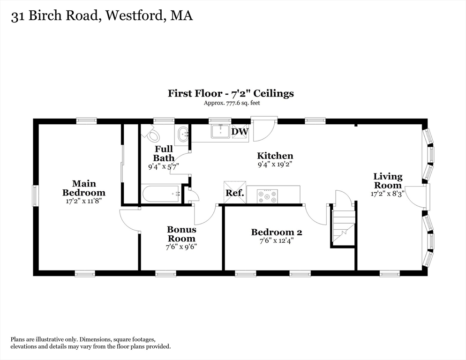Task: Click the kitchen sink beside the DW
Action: (220, 132)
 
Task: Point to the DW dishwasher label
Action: (240, 132)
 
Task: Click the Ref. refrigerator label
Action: (234, 193)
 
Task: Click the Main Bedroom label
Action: (84, 188)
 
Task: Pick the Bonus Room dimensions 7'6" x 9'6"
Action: (181, 247)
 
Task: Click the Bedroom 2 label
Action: (276, 232)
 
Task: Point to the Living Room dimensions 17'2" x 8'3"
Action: (387, 193)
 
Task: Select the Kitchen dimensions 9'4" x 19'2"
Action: (275, 165)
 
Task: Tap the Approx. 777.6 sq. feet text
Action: (231, 103)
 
